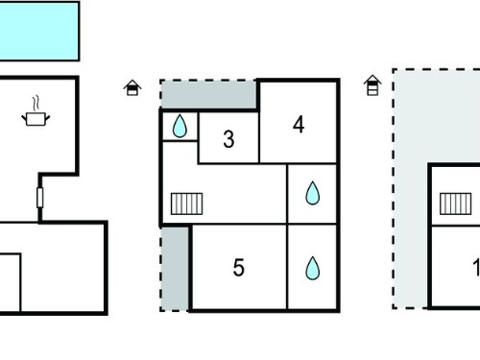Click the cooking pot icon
coord(36,119)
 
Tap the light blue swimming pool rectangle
coord(39,31)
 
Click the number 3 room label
coord(228,139)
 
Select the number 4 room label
coord(299,125)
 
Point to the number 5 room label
coord(239,267)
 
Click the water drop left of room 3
coord(180,126)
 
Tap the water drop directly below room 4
coord(312,193)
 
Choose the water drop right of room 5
coord(312,268)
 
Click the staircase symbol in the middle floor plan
coord(186,204)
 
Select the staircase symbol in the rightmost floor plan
coord(455,204)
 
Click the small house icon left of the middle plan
coord(132,87)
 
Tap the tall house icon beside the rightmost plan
coord(372,85)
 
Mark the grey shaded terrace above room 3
coord(208,94)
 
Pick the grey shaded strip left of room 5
coord(175,269)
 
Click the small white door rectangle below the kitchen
coord(39,198)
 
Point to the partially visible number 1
coord(476,267)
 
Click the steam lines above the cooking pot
coord(36,103)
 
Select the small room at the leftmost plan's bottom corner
coord(10,282)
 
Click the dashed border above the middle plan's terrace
coord(208,81)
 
